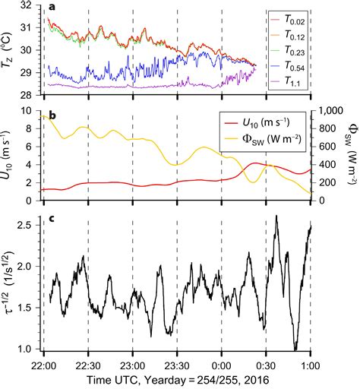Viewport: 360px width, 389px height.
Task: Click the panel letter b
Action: (x=51, y=116)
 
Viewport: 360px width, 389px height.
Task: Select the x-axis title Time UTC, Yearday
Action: (x=176, y=378)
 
